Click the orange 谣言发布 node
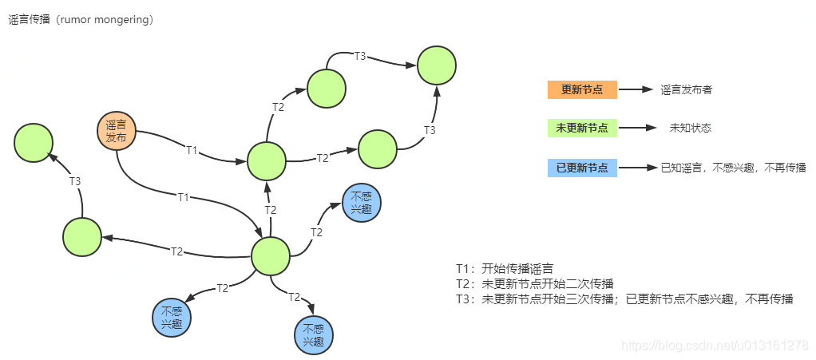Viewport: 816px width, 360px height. coord(117,130)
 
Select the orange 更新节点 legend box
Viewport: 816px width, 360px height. coord(582,89)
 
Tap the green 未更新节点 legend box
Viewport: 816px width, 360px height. coord(582,128)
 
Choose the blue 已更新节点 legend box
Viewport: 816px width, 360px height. coord(582,168)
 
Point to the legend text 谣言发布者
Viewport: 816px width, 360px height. coord(686,90)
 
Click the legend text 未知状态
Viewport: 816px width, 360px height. coord(690,128)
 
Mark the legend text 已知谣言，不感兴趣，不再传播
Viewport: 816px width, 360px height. coord(733,168)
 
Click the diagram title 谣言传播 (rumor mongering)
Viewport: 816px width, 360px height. coord(81,20)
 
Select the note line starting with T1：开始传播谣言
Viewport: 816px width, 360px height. coord(505,268)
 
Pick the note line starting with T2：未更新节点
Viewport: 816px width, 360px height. coord(534,283)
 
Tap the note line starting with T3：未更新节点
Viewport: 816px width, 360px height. coord(624,299)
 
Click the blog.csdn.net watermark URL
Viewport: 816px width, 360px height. coord(715,345)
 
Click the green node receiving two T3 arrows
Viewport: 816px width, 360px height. coord(436,65)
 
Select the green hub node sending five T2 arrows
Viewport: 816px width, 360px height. coord(270,255)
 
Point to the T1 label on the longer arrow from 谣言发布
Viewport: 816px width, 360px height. coord(184,196)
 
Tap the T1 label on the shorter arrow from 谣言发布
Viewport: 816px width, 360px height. coord(192,149)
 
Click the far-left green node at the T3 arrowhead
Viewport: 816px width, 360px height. coord(34,143)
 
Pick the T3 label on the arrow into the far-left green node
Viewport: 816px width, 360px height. coord(75,181)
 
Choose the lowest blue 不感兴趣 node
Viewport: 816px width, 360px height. coord(314,335)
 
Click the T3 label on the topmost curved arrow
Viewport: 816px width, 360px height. coord(360,56)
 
